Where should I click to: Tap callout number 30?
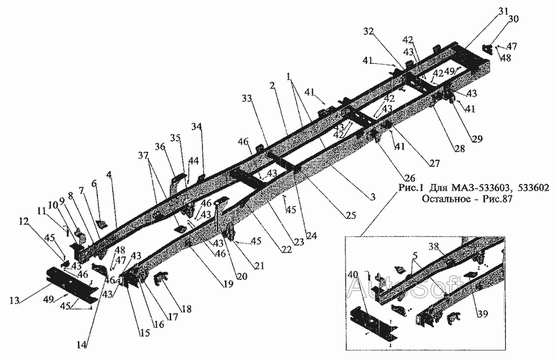click(512, 19)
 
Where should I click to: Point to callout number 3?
click(373, 197)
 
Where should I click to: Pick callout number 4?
click(108, 175)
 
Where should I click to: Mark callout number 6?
click(94, 183)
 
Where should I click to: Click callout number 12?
click(24, 221)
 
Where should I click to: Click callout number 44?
click(194, 160)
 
